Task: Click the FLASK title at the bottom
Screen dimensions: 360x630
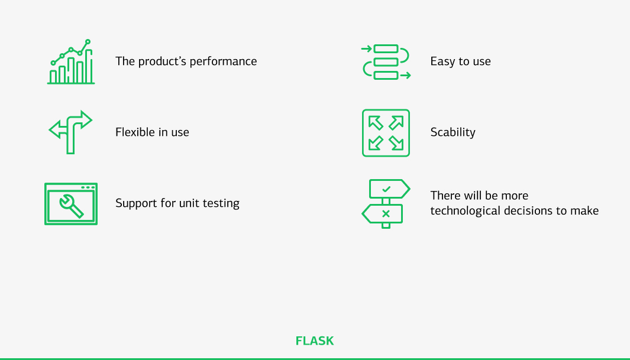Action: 315,341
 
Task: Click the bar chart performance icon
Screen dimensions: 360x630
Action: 71,62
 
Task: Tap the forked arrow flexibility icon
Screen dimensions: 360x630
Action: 70,132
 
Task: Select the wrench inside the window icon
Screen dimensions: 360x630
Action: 71,204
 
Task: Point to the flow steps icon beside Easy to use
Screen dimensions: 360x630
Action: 386,61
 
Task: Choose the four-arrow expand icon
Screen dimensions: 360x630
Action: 386,133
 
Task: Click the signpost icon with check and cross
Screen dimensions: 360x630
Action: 386,203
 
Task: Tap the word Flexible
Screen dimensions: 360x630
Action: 134,132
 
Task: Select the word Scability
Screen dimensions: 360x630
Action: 453,132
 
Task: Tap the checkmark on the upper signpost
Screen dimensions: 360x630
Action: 386,189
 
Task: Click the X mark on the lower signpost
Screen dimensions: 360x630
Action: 386,213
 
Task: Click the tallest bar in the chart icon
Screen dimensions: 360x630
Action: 88,66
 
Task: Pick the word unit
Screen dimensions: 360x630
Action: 189,203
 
